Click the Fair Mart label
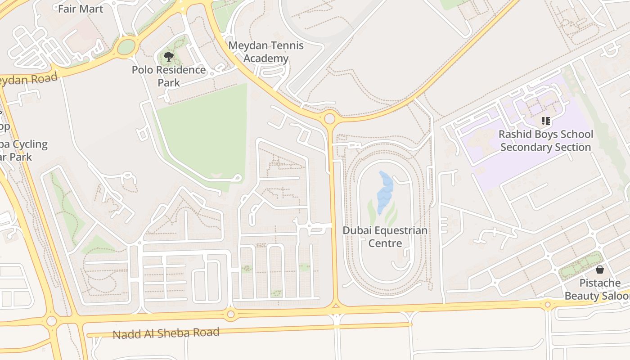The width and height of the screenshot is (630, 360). click(x=81, y=9)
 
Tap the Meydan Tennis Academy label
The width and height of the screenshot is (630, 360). click(x=266, y=52)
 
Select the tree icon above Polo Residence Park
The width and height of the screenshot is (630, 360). click(x=169, y=57)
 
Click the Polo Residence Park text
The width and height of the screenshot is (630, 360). click(x=169, y=76)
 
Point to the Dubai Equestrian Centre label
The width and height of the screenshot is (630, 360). click(x=385, y=237)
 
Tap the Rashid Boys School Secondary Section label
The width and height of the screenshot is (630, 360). click(x=545, y=140)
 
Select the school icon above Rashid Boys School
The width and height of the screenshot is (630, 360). click(x=545, y=121)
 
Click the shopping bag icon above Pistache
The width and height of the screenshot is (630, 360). click(x=599, y=270)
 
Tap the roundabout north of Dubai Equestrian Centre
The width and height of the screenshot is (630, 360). click(x=329, y=118)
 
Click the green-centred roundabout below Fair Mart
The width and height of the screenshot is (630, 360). click(x=126, y=47)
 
